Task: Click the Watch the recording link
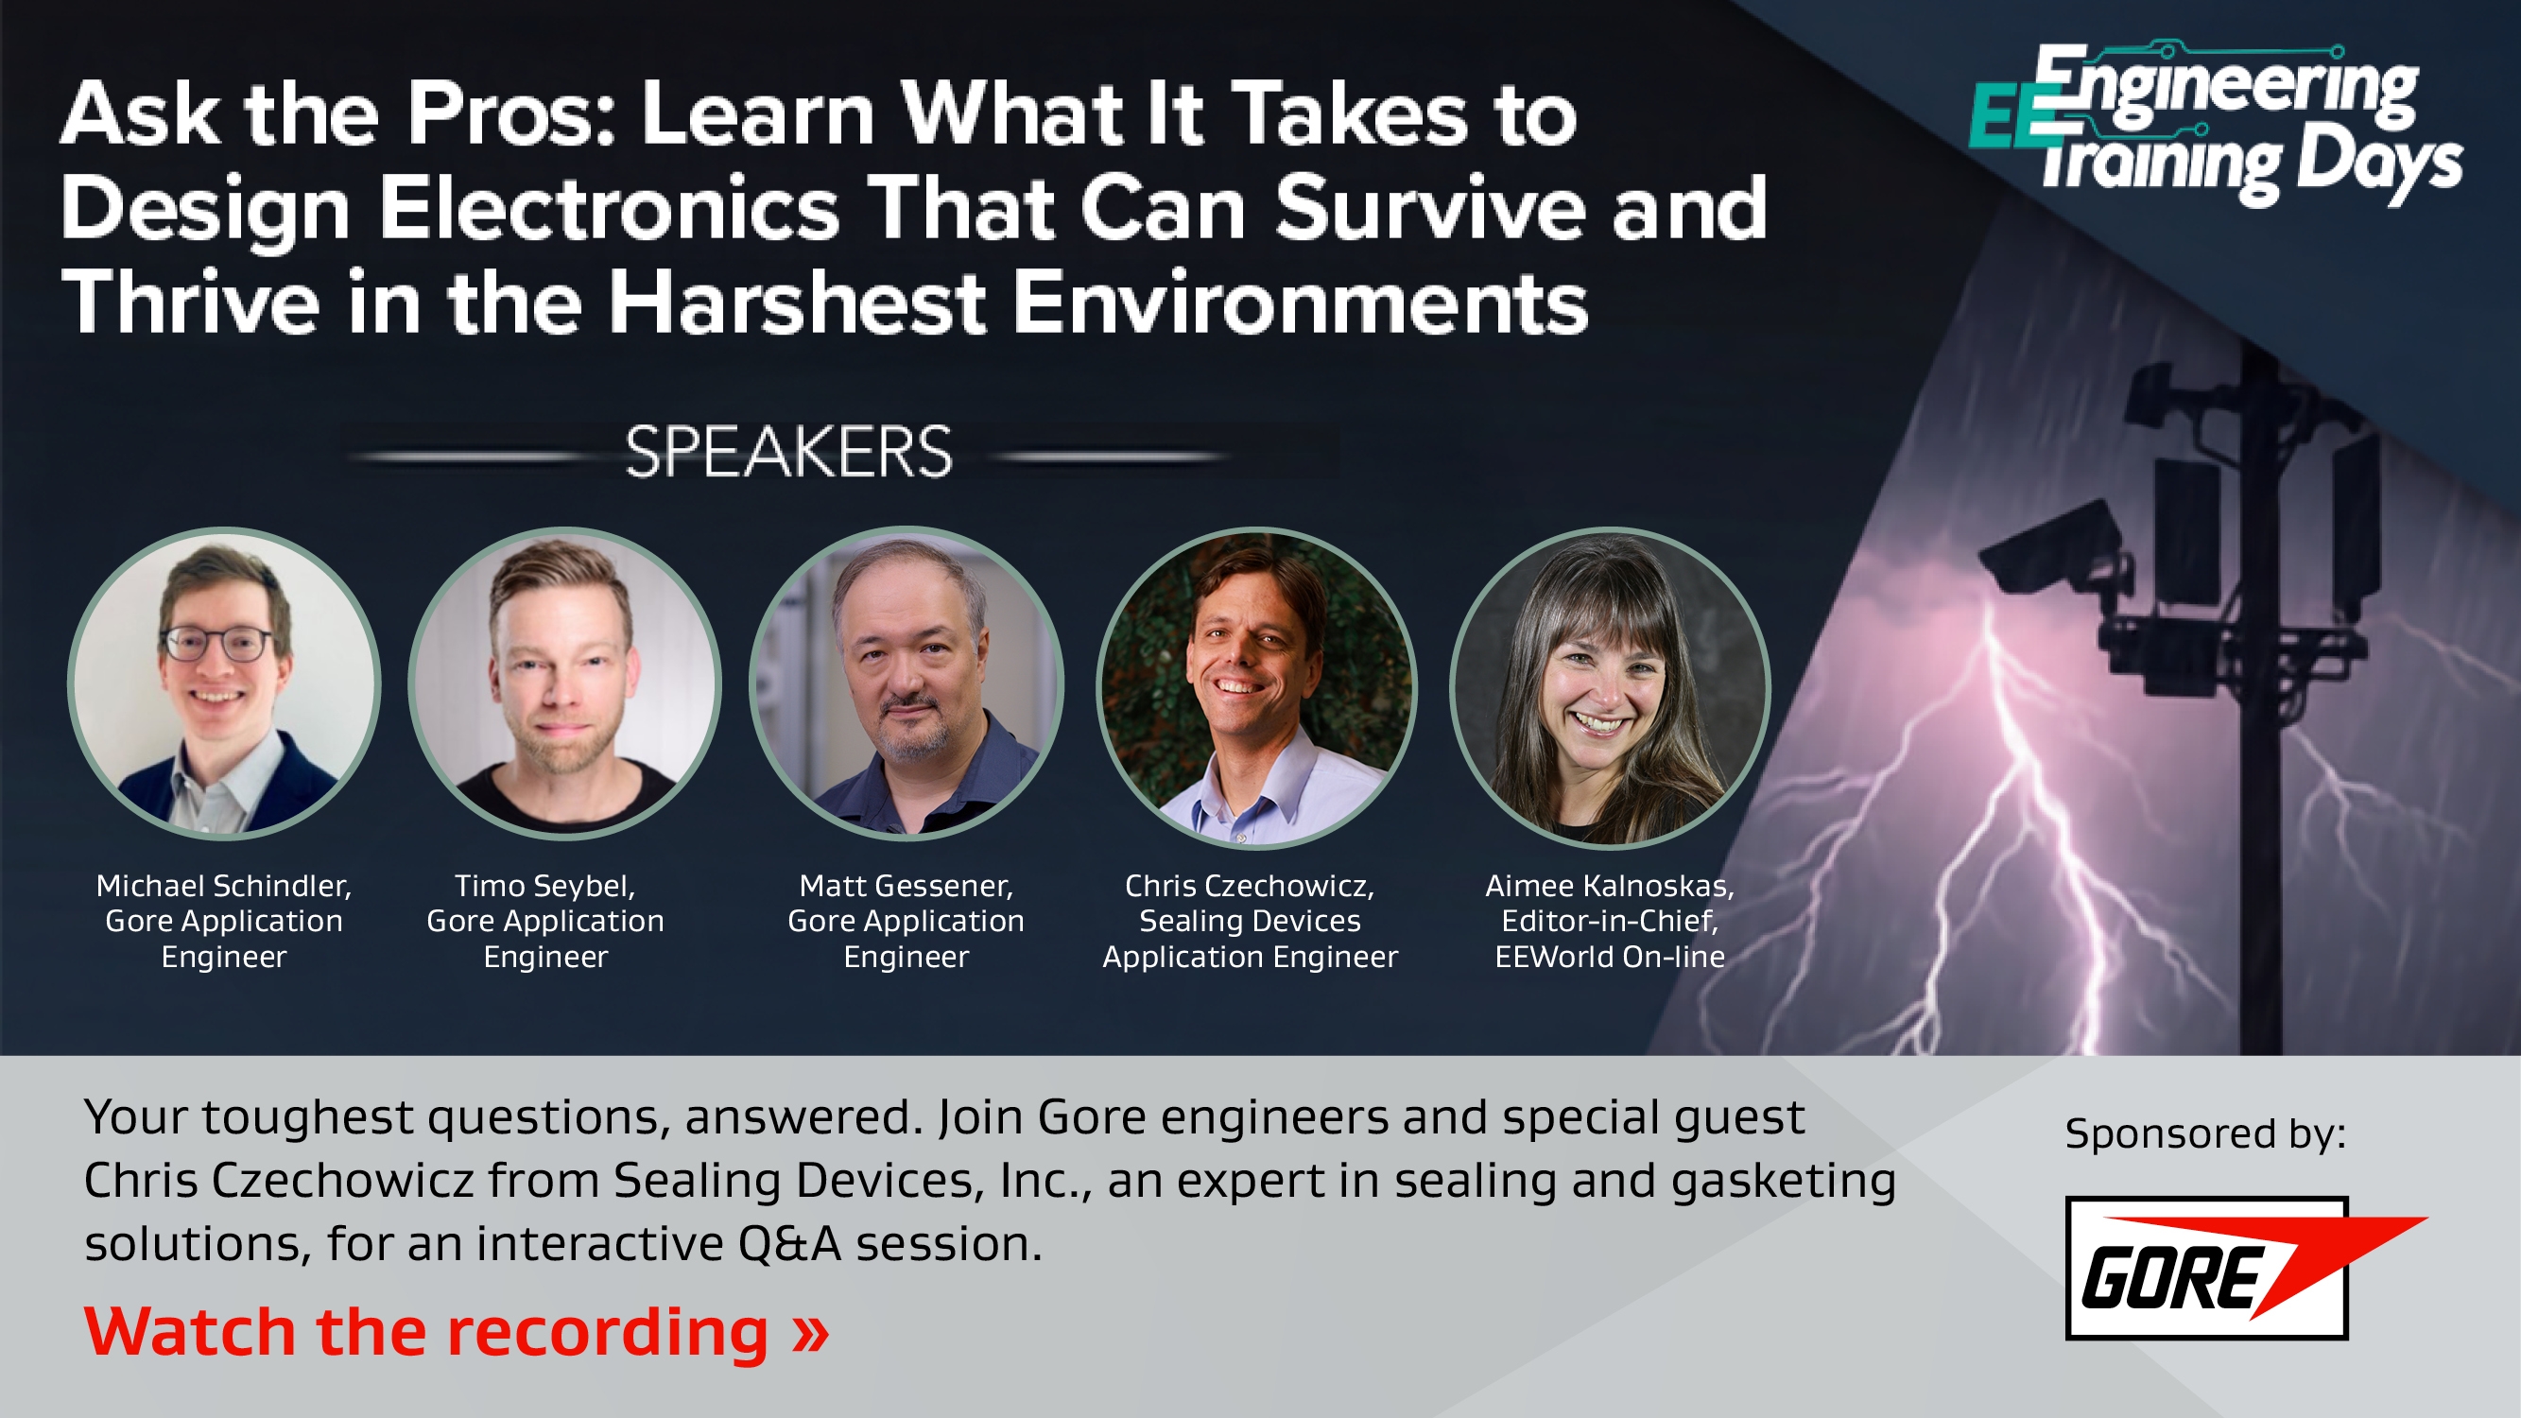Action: click(456, 1332)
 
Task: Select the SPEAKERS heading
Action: click(787, 452)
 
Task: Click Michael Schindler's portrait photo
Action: click(224, 683)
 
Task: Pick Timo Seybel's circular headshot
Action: click(564, 683)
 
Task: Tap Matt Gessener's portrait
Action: click(907, 683)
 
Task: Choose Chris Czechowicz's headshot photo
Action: click(1255, 687)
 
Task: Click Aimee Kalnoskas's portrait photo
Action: click(1610, 687)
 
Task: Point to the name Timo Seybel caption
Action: click(545, 886)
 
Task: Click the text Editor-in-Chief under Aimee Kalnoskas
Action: click(1610, 921)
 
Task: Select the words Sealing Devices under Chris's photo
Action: click(1250, 921)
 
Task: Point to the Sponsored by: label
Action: click(2205, 1133)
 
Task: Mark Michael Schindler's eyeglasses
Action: click(218, 643)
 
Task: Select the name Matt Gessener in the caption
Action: click(907, 886)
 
